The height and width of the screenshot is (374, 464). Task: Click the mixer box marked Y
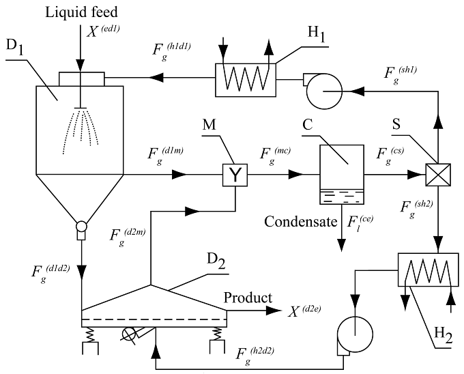coord(235,175)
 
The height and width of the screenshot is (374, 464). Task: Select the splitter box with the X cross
coord(436,175)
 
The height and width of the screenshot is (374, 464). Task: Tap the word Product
coord(247,298)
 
